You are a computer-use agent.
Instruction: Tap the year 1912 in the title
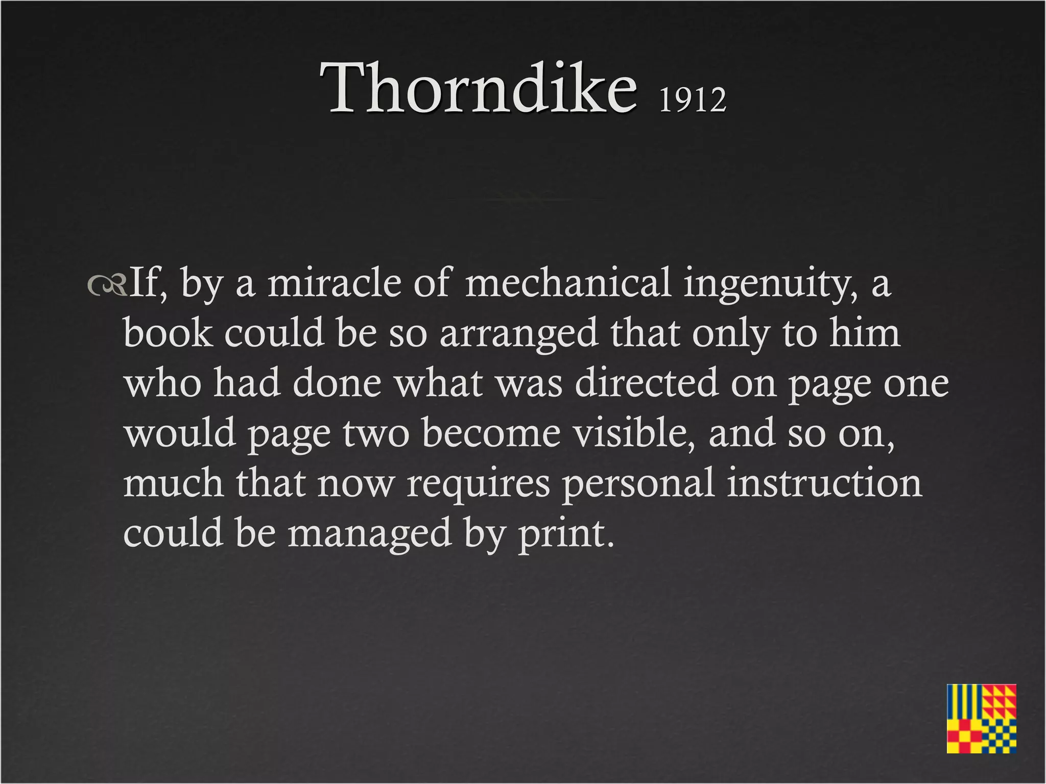click(692, 99)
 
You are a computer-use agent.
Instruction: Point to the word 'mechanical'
click(567, 283)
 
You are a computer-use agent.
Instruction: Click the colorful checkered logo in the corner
click(981, 718)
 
